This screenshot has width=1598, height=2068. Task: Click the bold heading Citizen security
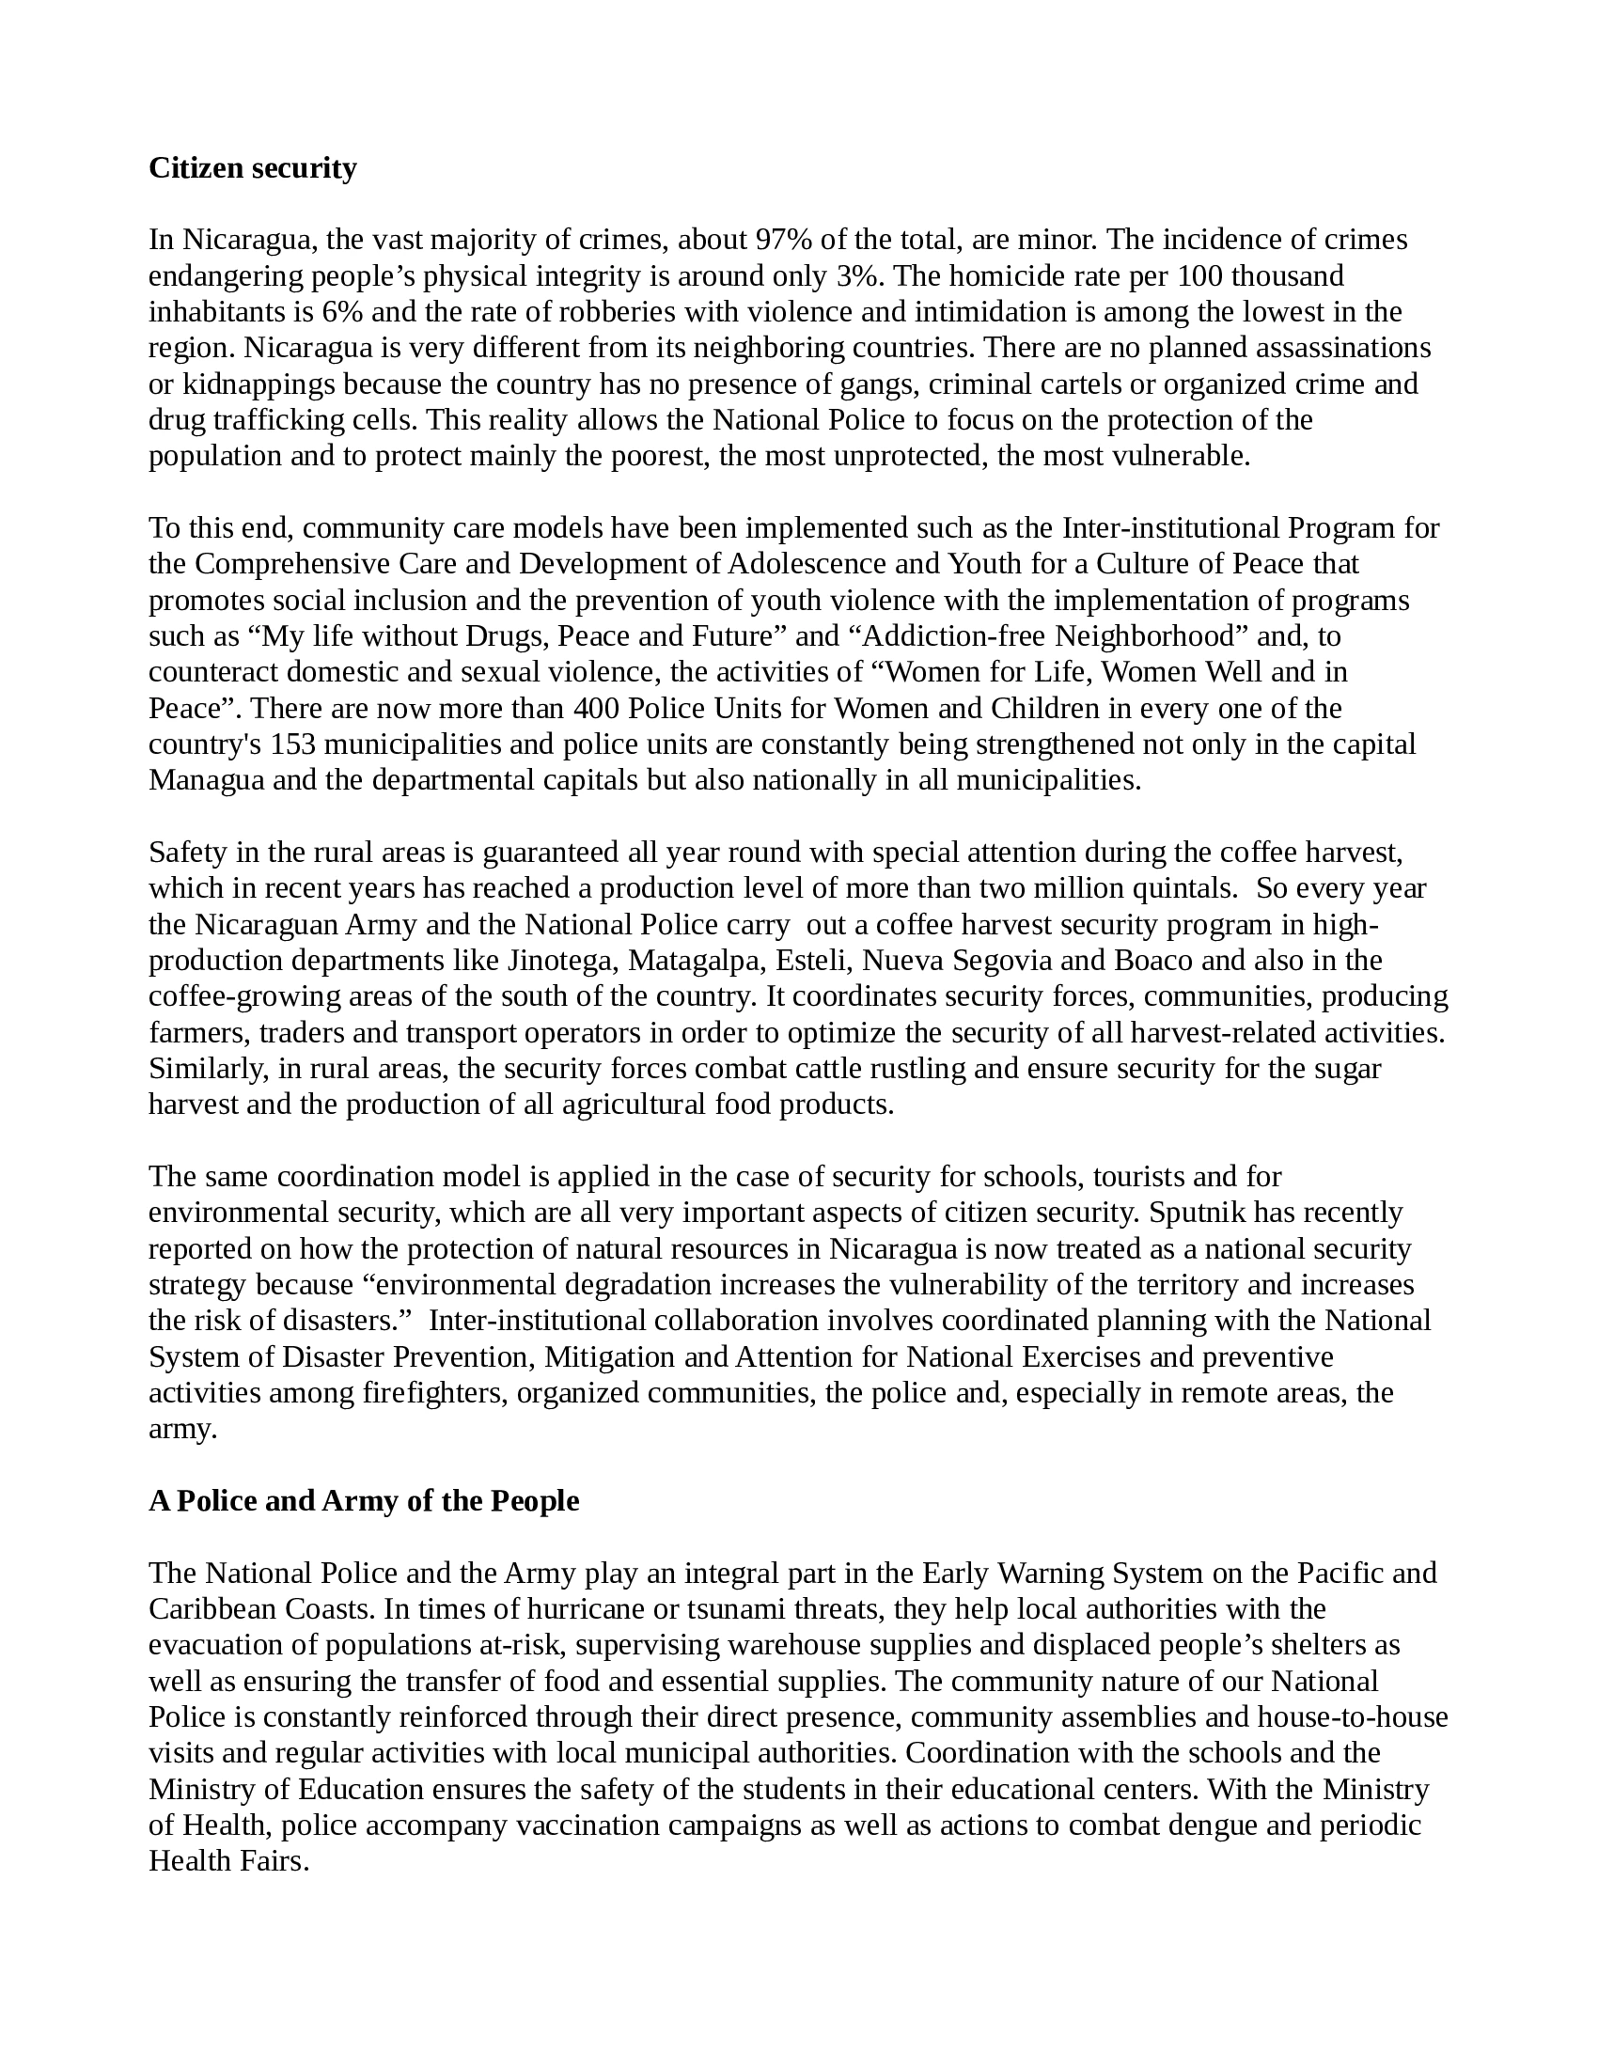(x=253, y=168)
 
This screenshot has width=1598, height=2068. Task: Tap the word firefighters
(x=436, y=1393)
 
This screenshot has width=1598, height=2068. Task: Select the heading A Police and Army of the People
(x=364, y=1501)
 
